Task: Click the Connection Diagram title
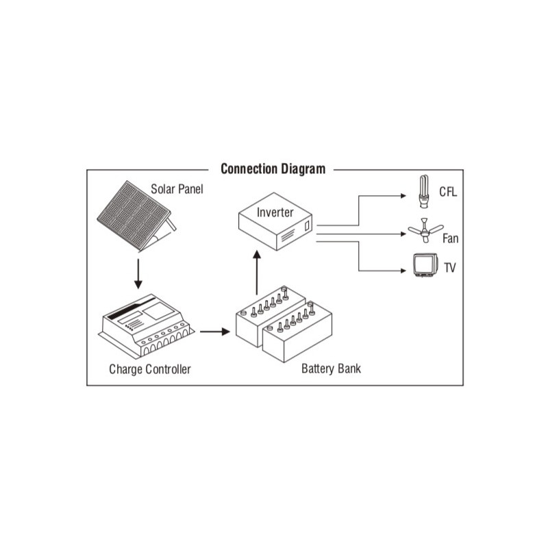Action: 273,169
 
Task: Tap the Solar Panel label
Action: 177,188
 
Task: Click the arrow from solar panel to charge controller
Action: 138,273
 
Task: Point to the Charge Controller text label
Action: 149,369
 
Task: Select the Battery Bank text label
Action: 331,369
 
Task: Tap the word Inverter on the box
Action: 275,212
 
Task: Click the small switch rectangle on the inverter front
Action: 308,225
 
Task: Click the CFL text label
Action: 447,192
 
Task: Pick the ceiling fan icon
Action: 425,231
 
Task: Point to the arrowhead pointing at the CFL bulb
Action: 404,195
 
